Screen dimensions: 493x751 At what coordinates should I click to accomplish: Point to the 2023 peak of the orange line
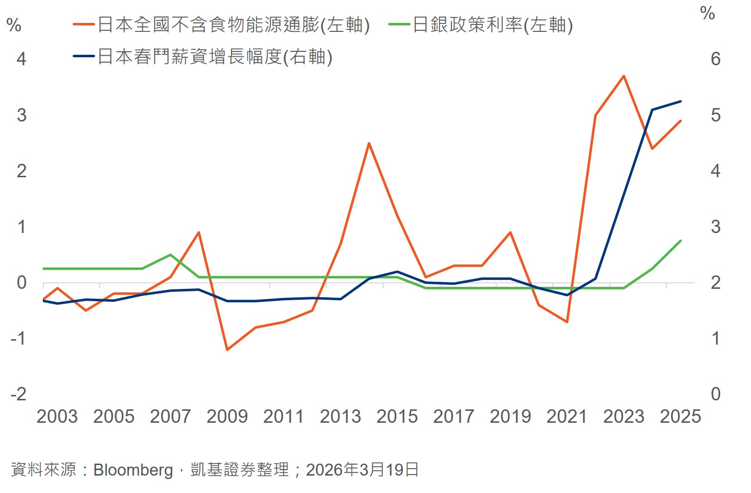[624, 76]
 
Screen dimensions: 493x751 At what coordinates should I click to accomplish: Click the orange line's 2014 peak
[369, 143]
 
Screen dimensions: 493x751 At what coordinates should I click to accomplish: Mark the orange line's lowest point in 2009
[227, 350]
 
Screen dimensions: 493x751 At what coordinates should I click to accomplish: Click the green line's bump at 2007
[170, 255]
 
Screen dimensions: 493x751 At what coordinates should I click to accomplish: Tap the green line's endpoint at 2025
[680, 241]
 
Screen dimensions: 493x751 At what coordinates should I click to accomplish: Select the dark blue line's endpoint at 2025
[680, 102]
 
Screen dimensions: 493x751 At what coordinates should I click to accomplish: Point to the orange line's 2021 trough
[567, 322]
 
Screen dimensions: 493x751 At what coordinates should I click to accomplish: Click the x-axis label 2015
[397, 416]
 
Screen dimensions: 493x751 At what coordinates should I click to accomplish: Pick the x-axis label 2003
[57, 416]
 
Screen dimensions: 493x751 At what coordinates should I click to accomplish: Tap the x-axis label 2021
[567, 416]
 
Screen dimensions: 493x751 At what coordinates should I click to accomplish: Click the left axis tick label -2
[18, 394]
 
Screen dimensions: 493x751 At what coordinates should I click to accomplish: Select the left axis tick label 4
[21, 59]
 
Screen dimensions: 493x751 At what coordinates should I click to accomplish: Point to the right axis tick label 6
[715, 59]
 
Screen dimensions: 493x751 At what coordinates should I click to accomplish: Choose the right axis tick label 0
[715, 394]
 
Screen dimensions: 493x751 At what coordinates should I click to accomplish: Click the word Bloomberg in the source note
[133, 470]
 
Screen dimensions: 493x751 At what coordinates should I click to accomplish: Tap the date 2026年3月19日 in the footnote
[362, 470]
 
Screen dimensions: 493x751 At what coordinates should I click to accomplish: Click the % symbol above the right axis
[707, 13]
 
